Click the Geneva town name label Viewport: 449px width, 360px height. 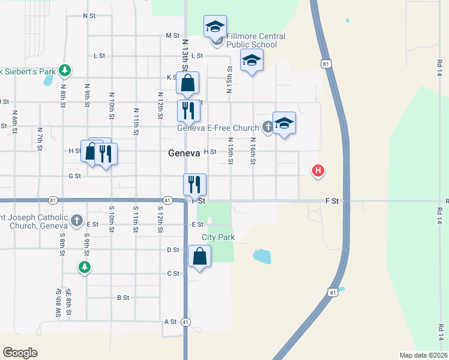[x=183, y=153]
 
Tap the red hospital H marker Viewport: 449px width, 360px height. [x=318, y=171]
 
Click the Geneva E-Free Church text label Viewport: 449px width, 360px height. [x=218, y=128]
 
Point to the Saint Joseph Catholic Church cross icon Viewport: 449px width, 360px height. [x=77, y=220]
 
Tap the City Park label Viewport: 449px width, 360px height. [x=218, y=238]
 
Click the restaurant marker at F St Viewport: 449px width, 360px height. [x=194, y=184]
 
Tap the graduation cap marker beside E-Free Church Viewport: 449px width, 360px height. [x=284, y=123]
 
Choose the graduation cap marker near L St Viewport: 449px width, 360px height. [x=252, y=60]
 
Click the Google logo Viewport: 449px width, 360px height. [x=20, y=353]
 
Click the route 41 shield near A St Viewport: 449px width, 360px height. [x=186, y=322]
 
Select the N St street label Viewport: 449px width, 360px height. [x=89, y=16]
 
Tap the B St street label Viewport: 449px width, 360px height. [x=123, y=298]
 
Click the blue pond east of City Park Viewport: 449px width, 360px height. [x=262, y=257]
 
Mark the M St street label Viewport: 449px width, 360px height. [x=173, y=36]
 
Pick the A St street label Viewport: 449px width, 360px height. [x=170, y=322]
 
